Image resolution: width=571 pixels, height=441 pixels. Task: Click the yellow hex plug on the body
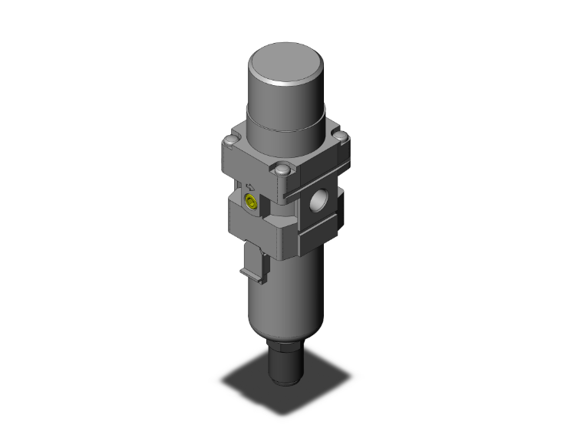tap(249, 202)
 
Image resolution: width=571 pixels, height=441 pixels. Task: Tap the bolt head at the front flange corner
tap(283, 169)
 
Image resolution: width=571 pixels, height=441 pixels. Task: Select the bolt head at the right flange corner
tap(345, 138)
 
